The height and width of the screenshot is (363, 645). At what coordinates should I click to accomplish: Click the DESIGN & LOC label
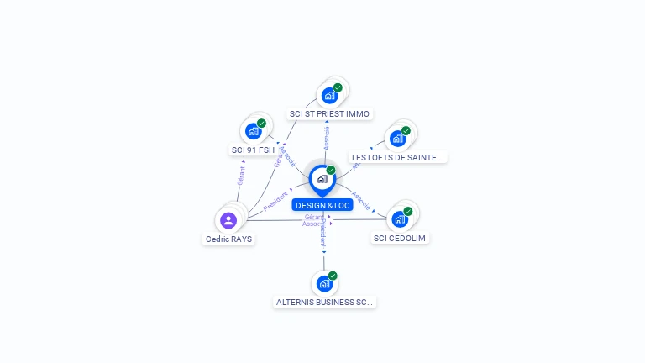coord(322,205)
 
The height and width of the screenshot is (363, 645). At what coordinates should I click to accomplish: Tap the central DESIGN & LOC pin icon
coord(322,179)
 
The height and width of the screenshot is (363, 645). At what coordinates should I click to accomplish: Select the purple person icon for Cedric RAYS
coord(228,220)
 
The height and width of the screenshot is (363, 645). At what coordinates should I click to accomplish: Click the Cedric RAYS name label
coord(228,239)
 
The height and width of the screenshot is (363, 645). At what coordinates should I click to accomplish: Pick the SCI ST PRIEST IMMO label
coord(329,113)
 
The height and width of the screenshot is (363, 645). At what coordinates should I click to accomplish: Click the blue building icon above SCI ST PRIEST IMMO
coord(329,95)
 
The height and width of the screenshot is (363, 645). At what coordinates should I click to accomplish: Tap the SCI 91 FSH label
coord(253,150)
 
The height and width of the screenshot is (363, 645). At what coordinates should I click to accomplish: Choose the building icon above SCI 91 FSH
coord(253,131)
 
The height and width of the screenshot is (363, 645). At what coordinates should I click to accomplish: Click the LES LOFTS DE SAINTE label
coord(398,157)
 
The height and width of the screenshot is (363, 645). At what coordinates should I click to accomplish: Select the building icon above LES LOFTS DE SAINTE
coord(397,138)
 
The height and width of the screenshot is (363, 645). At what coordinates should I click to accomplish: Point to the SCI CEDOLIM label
coord(400,238)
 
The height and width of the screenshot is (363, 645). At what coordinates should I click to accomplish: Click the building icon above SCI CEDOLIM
coord(400,218)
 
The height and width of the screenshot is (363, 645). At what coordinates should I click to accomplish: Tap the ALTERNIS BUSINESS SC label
coord(324,302)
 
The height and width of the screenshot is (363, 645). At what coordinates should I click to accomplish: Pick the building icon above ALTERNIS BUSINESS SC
coord(324,283)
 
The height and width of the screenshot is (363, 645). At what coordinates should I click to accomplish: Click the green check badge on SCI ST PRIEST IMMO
coord(338,87)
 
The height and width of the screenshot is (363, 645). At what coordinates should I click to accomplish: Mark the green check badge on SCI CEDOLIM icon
coord(408,211)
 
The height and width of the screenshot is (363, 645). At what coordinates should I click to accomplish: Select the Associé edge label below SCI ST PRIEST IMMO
coord(327,139)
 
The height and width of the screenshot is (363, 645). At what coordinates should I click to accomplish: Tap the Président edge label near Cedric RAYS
coord(275,200)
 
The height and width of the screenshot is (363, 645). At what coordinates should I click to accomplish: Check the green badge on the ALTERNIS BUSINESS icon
coord(333,276)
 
